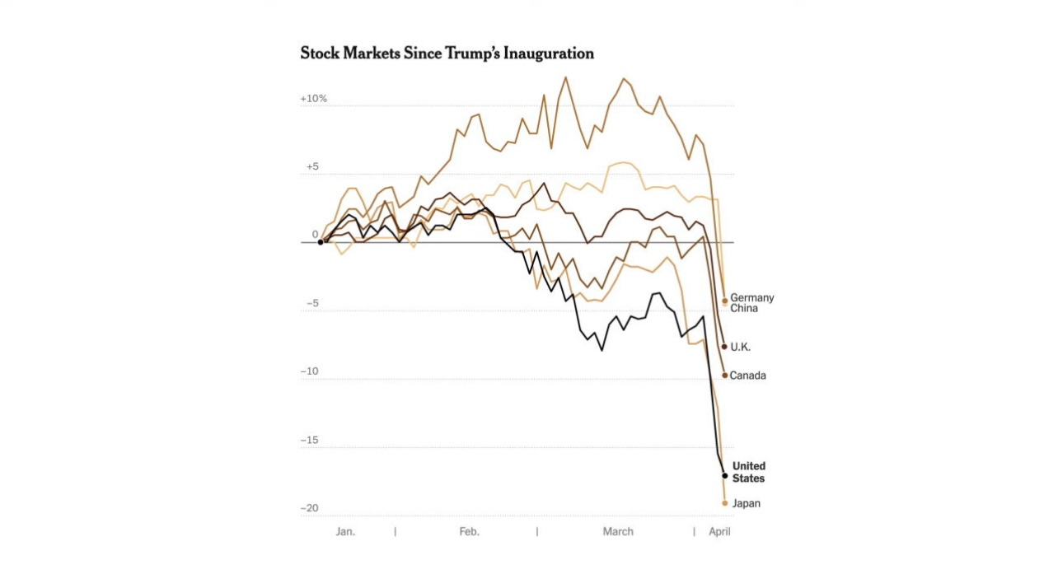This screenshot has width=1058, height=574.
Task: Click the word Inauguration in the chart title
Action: click(545, 54)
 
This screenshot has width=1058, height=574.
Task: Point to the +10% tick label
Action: click(313, 99)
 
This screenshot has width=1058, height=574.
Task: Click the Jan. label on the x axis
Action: click(345, 532)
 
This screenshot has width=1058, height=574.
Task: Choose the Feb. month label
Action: click(469, 532)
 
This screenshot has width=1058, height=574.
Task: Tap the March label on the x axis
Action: click(618, 532)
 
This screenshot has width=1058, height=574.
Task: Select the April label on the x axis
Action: click(719, 532)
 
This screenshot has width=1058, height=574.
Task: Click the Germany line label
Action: click(752, 298)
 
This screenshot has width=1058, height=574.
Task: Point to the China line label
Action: click(744, 309)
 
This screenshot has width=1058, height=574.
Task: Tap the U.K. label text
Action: click(741, 347)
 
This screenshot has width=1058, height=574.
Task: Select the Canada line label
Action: click(748, 376)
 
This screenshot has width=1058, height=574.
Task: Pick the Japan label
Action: click(746, 503)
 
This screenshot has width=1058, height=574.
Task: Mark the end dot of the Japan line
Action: click(725, 503)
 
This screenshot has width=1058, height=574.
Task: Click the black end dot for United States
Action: click(725, 476)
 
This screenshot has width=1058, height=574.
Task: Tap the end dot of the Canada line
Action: click(725, 376)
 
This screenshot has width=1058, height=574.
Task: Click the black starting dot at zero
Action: click(321, 242)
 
